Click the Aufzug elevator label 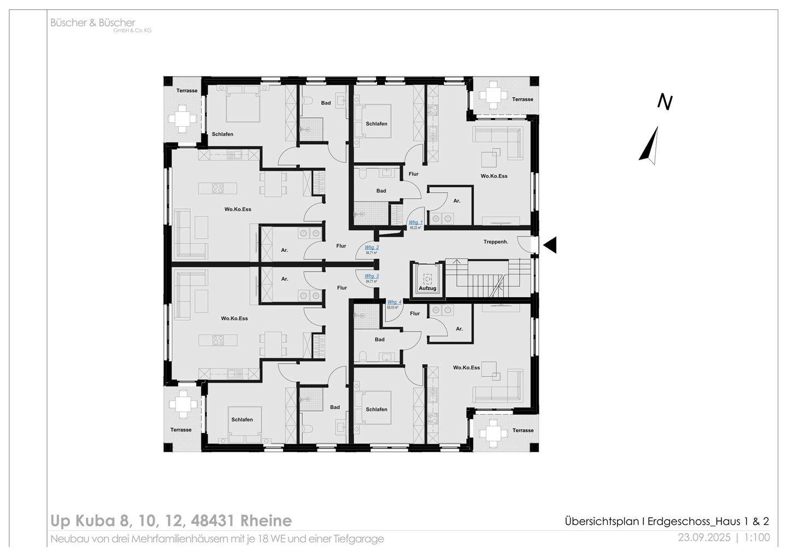click(428, 288)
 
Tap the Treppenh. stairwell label click(496, 241)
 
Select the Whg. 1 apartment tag click(416, 223)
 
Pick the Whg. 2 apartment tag click(372, 248)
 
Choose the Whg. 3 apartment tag click(372, 277)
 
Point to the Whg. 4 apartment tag click(394, 303)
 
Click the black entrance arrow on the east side click(549, 245)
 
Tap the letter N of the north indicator click(665, 102)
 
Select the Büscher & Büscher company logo click(93, 23)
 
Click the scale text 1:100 click(757, 537)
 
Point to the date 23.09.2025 click(704, 537)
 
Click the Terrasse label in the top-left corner click(186, 91)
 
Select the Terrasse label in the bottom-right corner click(522, 430)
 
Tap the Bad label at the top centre click(326, 103)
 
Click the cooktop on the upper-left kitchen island click(218, 188)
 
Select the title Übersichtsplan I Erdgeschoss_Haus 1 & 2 click(667, 521)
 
